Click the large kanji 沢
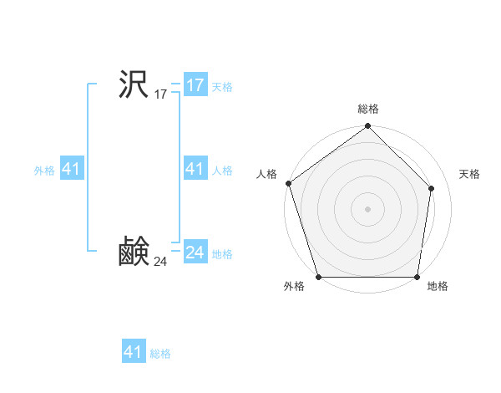point(134,84)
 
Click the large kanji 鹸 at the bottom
point(134,252)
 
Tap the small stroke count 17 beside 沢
point(160,95)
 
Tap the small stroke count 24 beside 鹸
point(160,263)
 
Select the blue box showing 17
point(195,85)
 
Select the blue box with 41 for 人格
point(195,169)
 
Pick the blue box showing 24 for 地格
point(195,253)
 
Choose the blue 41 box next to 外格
point(71,169)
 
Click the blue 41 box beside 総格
point(134,352)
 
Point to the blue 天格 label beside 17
point(222,87)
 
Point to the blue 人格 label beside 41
point(222,171)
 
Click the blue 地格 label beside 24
point(222,254)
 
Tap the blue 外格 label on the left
point(44,171)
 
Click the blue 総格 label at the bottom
point(160,354)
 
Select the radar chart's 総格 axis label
point(368,109)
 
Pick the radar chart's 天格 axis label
point(469,174)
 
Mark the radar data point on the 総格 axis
point(368,127)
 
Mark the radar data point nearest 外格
point(319,277)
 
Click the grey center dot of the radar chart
point(368,208)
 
